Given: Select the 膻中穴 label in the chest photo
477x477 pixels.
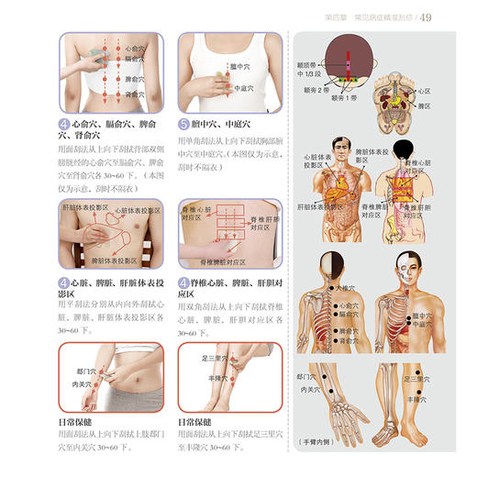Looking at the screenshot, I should tap(240, 67).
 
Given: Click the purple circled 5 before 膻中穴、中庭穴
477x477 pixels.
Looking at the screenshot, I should tap(183, 123).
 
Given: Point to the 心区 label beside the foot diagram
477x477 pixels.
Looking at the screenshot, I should tap(424, 92).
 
